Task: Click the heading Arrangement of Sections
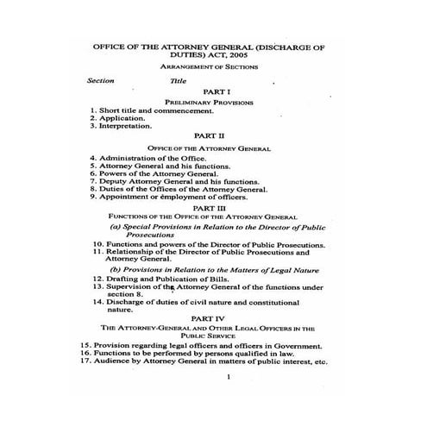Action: [213, 66]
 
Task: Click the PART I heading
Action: [214, 91]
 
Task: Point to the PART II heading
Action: [213, 136]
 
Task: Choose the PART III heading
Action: [213, 207]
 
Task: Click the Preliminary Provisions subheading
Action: [213, 102]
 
